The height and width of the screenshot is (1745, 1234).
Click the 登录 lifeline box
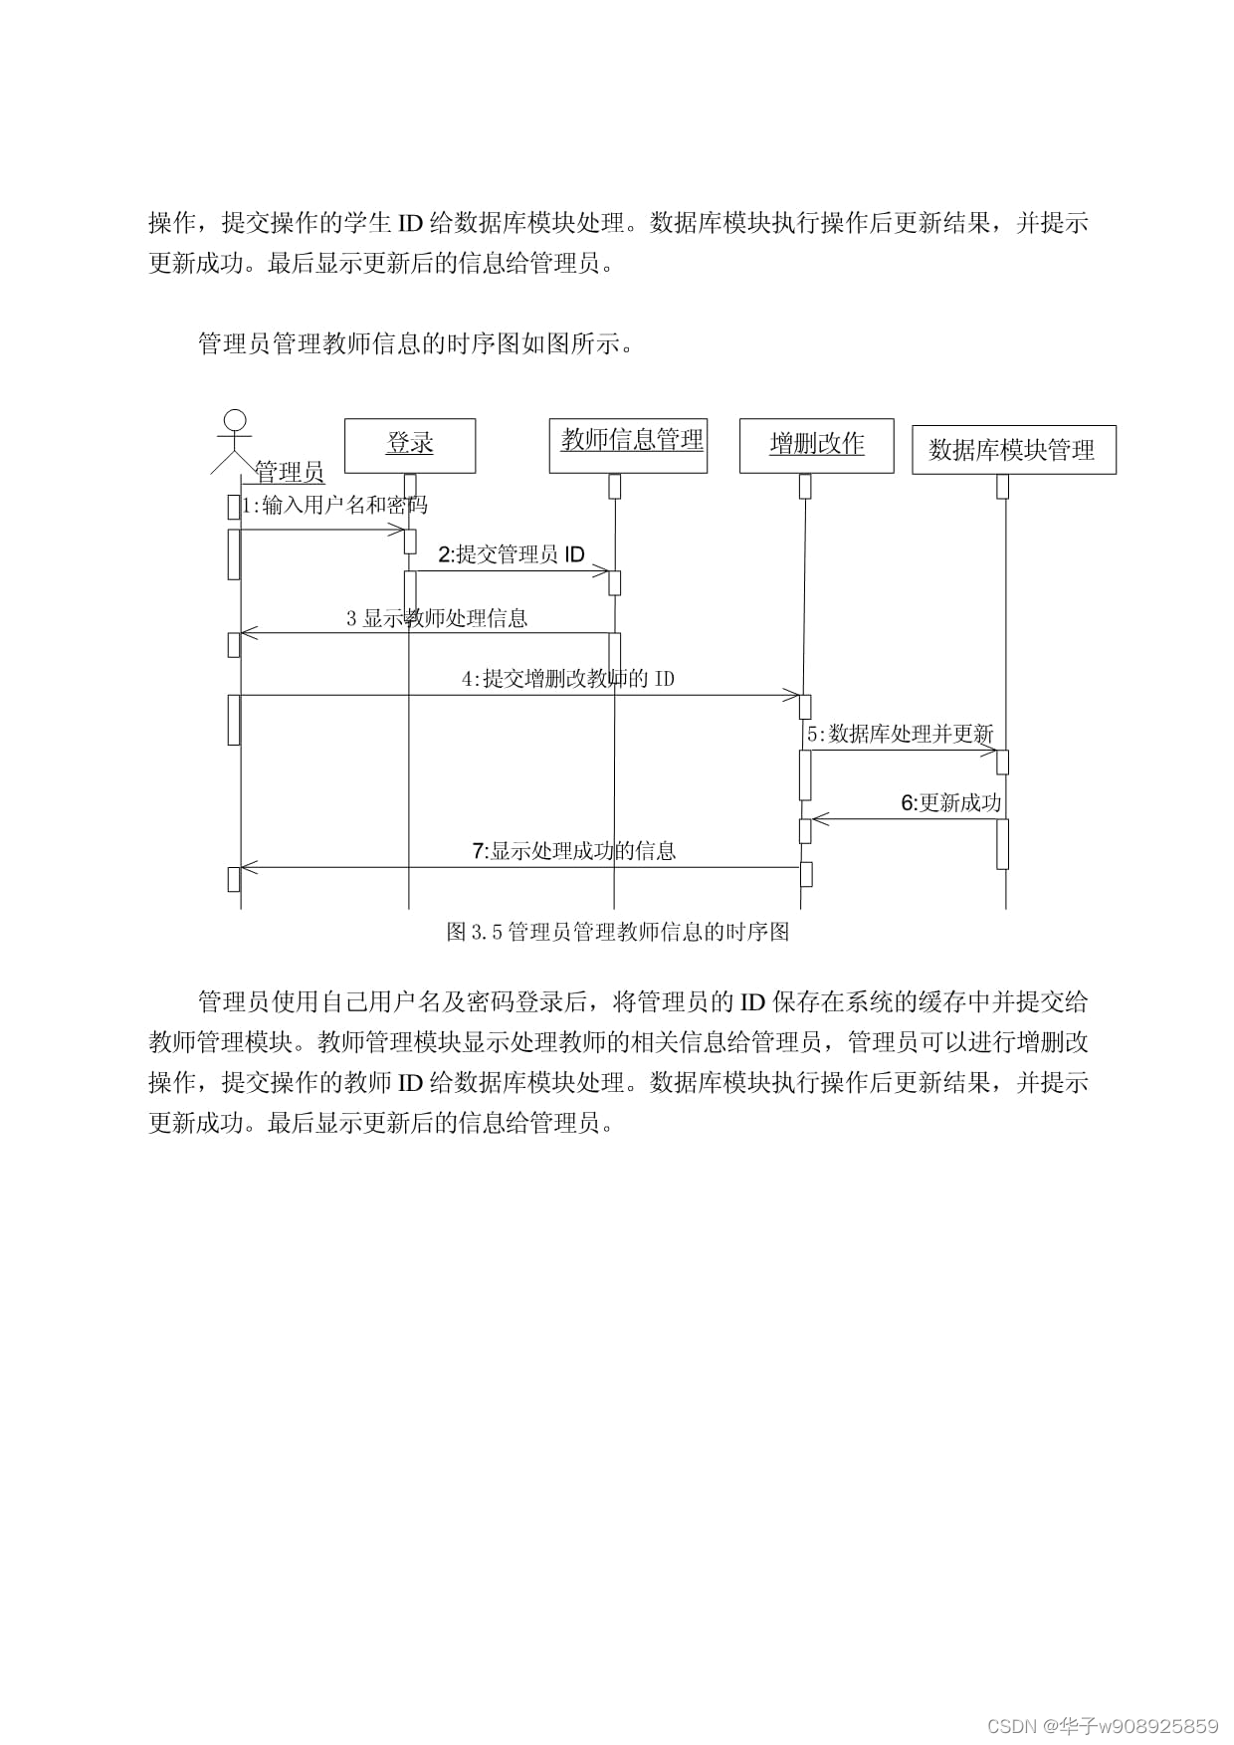[x=410, y=445]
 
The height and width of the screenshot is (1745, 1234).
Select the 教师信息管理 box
[x=628, y=444]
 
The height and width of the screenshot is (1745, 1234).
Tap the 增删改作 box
[x=816, y=445]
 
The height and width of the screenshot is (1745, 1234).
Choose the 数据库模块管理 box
[x=1013, y=450]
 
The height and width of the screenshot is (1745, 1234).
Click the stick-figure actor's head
[x=236, y=419]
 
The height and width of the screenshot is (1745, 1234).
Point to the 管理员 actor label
[x=289, y=472]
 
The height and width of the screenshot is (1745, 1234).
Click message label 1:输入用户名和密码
[x=334, y=506]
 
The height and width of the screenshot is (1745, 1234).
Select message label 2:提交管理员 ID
[x=512, y=554]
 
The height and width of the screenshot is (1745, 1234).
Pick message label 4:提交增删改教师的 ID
[x=567, y=679]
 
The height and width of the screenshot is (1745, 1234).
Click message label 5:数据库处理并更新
[x=900, y=735]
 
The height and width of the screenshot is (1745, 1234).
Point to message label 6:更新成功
[x=950, y=803]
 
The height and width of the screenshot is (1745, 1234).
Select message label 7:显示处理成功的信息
[x=573, y=851]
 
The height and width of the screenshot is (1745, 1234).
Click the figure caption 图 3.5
[x=617, y=932]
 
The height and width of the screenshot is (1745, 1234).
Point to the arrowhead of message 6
[x=818, y=819]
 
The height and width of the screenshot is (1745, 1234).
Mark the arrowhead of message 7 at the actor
[x=248, y=867]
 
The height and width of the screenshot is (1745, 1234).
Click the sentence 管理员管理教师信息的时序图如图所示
[x=415, y=344]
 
